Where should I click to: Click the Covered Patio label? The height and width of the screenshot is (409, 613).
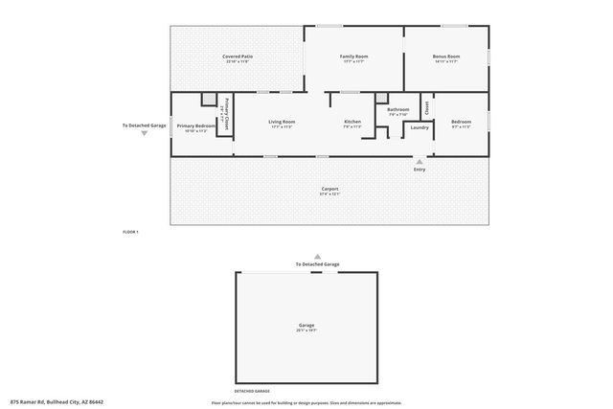point(238,57)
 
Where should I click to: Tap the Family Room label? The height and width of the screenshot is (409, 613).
point(354,57)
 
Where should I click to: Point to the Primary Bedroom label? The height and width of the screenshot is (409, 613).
point(195,125)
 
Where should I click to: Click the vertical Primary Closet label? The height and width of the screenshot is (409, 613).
point(227,114)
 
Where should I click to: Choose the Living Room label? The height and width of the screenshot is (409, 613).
point(281,122)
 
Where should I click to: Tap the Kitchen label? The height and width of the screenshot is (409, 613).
point(352,122)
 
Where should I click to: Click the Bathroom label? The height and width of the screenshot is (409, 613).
point(398,110)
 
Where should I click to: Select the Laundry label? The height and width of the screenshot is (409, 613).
point(420,126)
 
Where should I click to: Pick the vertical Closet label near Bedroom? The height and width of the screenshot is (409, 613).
point(426,107)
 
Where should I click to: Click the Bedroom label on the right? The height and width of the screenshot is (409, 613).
point(461,122)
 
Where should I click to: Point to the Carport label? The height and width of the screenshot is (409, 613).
point(329,189)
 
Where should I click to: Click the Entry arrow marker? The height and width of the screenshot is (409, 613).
point(420,161)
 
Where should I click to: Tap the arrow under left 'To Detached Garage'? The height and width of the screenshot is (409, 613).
point(144,134)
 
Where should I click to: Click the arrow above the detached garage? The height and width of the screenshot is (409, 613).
point(317,256)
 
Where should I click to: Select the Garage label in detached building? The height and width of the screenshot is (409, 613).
point(306,326)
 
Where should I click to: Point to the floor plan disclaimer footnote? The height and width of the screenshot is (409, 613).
point(306,402)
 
